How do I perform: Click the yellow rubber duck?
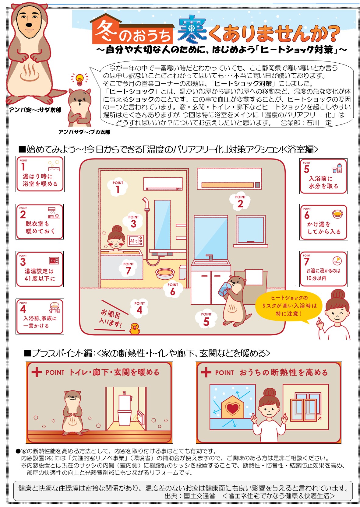click(x=135, y=328)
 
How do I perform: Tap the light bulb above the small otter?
click(x=79, y=80)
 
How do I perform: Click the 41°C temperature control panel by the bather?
click(x=135, y=241)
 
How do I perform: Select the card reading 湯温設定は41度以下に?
click(x=40, y=269)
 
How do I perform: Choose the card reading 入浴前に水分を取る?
click(x=323, y=176)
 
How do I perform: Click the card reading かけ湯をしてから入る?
click(x=324, y=222)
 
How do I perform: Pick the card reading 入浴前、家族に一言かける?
click(x=40, y=316)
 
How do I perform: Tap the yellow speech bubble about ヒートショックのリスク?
click(x=288, y=306)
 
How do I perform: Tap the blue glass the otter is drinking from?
click(x=224, y=288)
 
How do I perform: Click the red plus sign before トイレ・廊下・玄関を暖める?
click(x=37, y=372)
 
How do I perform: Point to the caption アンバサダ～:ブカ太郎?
click(x=84, y=132)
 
